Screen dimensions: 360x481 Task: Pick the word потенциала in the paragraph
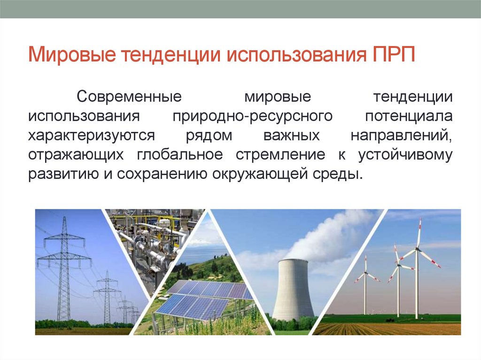click(x=408, y=116)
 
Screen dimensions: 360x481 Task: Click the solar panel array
click(x=202, y=300)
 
